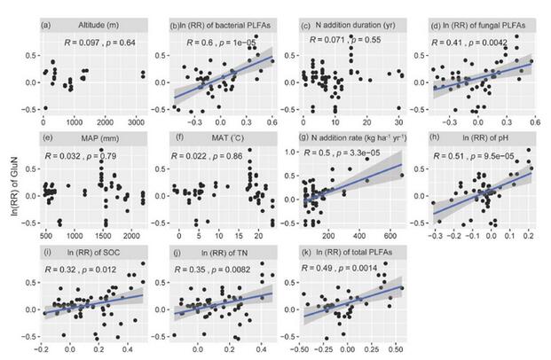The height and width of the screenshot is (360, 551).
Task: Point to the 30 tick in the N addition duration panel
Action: pyautogui.click(x=398, y=121)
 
